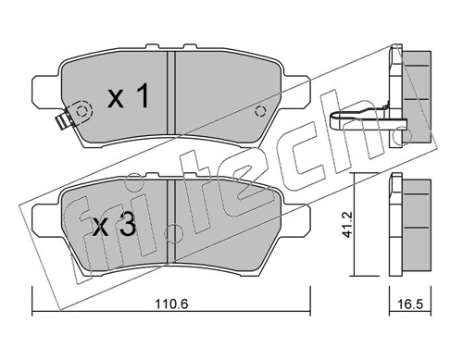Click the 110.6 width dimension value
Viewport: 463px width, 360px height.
tap(171, 304)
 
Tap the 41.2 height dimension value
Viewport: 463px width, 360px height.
tap(347, 224)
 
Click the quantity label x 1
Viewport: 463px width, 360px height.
tap(129, 96)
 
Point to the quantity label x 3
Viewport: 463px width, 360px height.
tap(114, 225)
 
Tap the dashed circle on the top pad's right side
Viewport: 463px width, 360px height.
tap(260, 111)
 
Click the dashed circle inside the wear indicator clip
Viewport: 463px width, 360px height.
tap(82, 111)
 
